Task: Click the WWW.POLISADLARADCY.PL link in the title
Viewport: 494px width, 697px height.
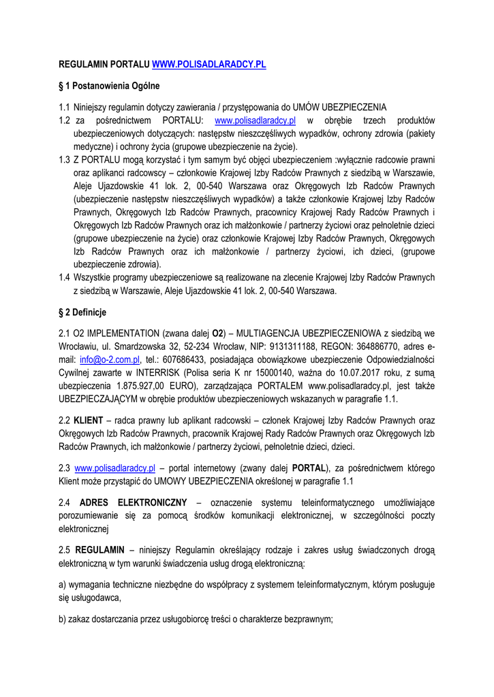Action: coord(209,65)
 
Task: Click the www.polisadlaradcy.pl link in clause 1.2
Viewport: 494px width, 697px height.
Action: coord(255,121)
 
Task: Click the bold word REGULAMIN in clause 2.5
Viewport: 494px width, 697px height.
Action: coord(99,549)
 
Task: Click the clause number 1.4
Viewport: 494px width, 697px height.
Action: coord(65,278)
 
